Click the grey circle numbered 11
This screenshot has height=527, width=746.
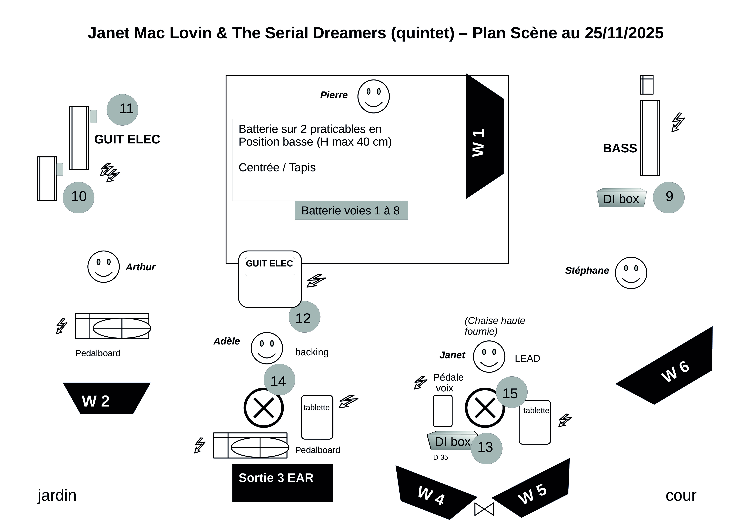pos(122,110)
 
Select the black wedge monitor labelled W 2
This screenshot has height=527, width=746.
pos(106,398)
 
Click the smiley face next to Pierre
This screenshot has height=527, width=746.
pos(373,96)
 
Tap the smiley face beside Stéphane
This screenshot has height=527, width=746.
pos(631,273)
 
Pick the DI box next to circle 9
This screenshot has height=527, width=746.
pos(621,198)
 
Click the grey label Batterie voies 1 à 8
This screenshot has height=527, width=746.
pos(351,210)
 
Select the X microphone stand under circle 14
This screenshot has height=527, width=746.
pos(263,408)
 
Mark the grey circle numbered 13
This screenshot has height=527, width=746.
pos(486,448)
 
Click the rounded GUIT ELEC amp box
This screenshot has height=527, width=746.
pos(270,279)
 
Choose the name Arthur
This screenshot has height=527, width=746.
pos(140,267)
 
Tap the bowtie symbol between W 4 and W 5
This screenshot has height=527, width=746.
pos(484,509)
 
